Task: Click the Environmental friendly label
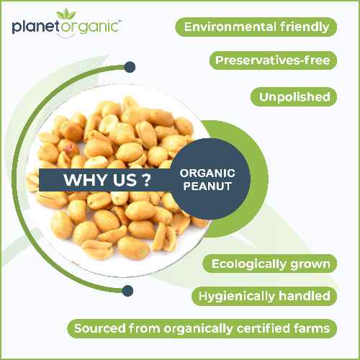coord(256,27)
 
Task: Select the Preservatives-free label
coord(272,60)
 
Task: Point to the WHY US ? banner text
coord(107,180)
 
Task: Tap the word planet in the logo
coord(35,28)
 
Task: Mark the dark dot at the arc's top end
coord(130,67)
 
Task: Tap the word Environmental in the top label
coord(229,27)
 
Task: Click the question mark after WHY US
coord(146,180)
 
